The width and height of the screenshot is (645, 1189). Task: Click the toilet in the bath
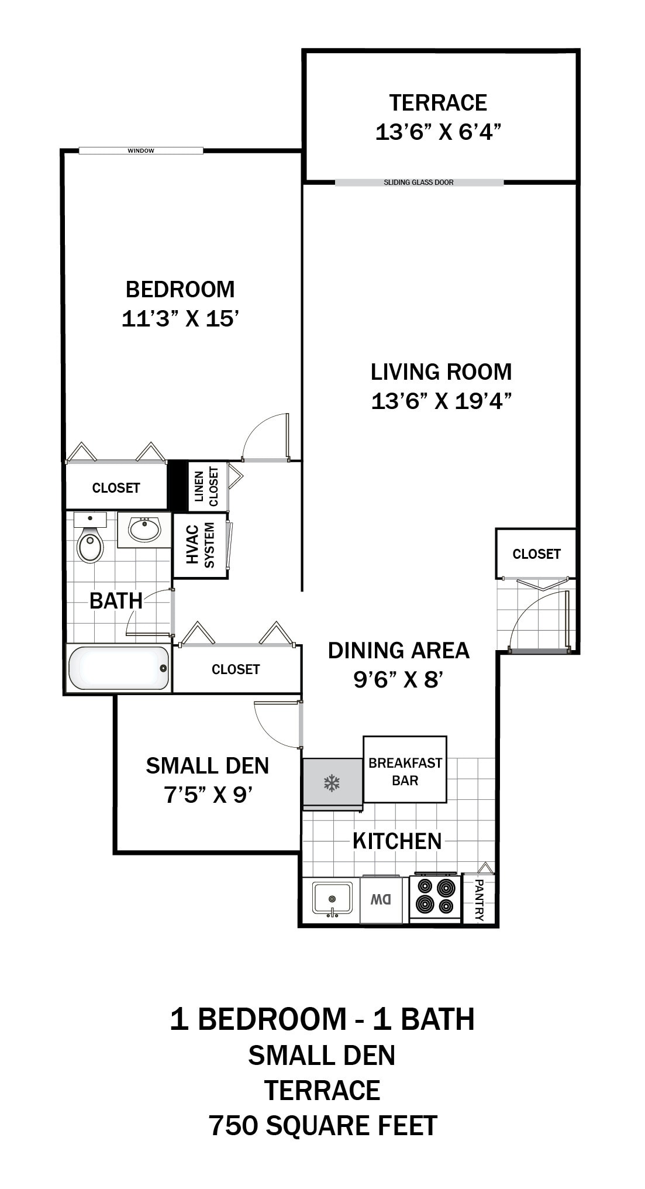(90, 543)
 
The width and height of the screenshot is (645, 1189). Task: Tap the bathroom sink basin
(144, 530)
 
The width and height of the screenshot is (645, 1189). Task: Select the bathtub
(118, 668)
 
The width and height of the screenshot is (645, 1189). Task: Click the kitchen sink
(332, 898)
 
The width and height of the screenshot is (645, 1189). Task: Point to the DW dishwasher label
(381, 899)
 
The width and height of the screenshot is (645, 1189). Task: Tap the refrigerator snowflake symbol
(332, 783)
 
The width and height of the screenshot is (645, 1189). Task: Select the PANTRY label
(479, 900)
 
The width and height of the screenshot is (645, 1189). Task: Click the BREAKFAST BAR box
(405, 771)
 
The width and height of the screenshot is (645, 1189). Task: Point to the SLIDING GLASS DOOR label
(419, 183)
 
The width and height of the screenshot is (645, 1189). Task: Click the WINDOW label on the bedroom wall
(141, 151)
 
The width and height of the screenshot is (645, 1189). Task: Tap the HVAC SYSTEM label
(201, 545)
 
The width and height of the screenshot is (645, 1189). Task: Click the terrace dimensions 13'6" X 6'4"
(438, 132)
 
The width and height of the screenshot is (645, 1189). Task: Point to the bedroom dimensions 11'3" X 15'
(181, 319)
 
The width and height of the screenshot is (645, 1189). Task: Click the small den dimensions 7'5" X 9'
(208, 795)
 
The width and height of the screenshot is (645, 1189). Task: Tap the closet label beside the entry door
(536, 554)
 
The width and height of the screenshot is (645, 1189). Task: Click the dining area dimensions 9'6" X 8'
(398, 680)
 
